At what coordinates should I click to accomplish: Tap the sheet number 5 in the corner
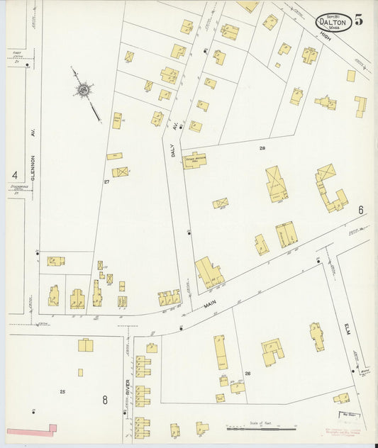click(x=360, y=20)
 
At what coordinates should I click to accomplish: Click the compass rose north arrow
click(x=84, y=90)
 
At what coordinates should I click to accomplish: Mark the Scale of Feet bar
click(x=261, y=428)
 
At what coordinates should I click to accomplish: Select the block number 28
click(x=262, y=148)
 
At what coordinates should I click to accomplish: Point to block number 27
click(x=106, y=182)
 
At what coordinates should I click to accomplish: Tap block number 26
click(x=248, y=373)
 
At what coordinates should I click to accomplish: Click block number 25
click(x=62, y=391)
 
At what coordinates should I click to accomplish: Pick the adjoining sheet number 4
click(x=14, y=174)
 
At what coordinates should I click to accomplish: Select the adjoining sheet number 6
click(x=360, y=210)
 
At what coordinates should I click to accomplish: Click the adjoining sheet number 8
click(x=104, y=400)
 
